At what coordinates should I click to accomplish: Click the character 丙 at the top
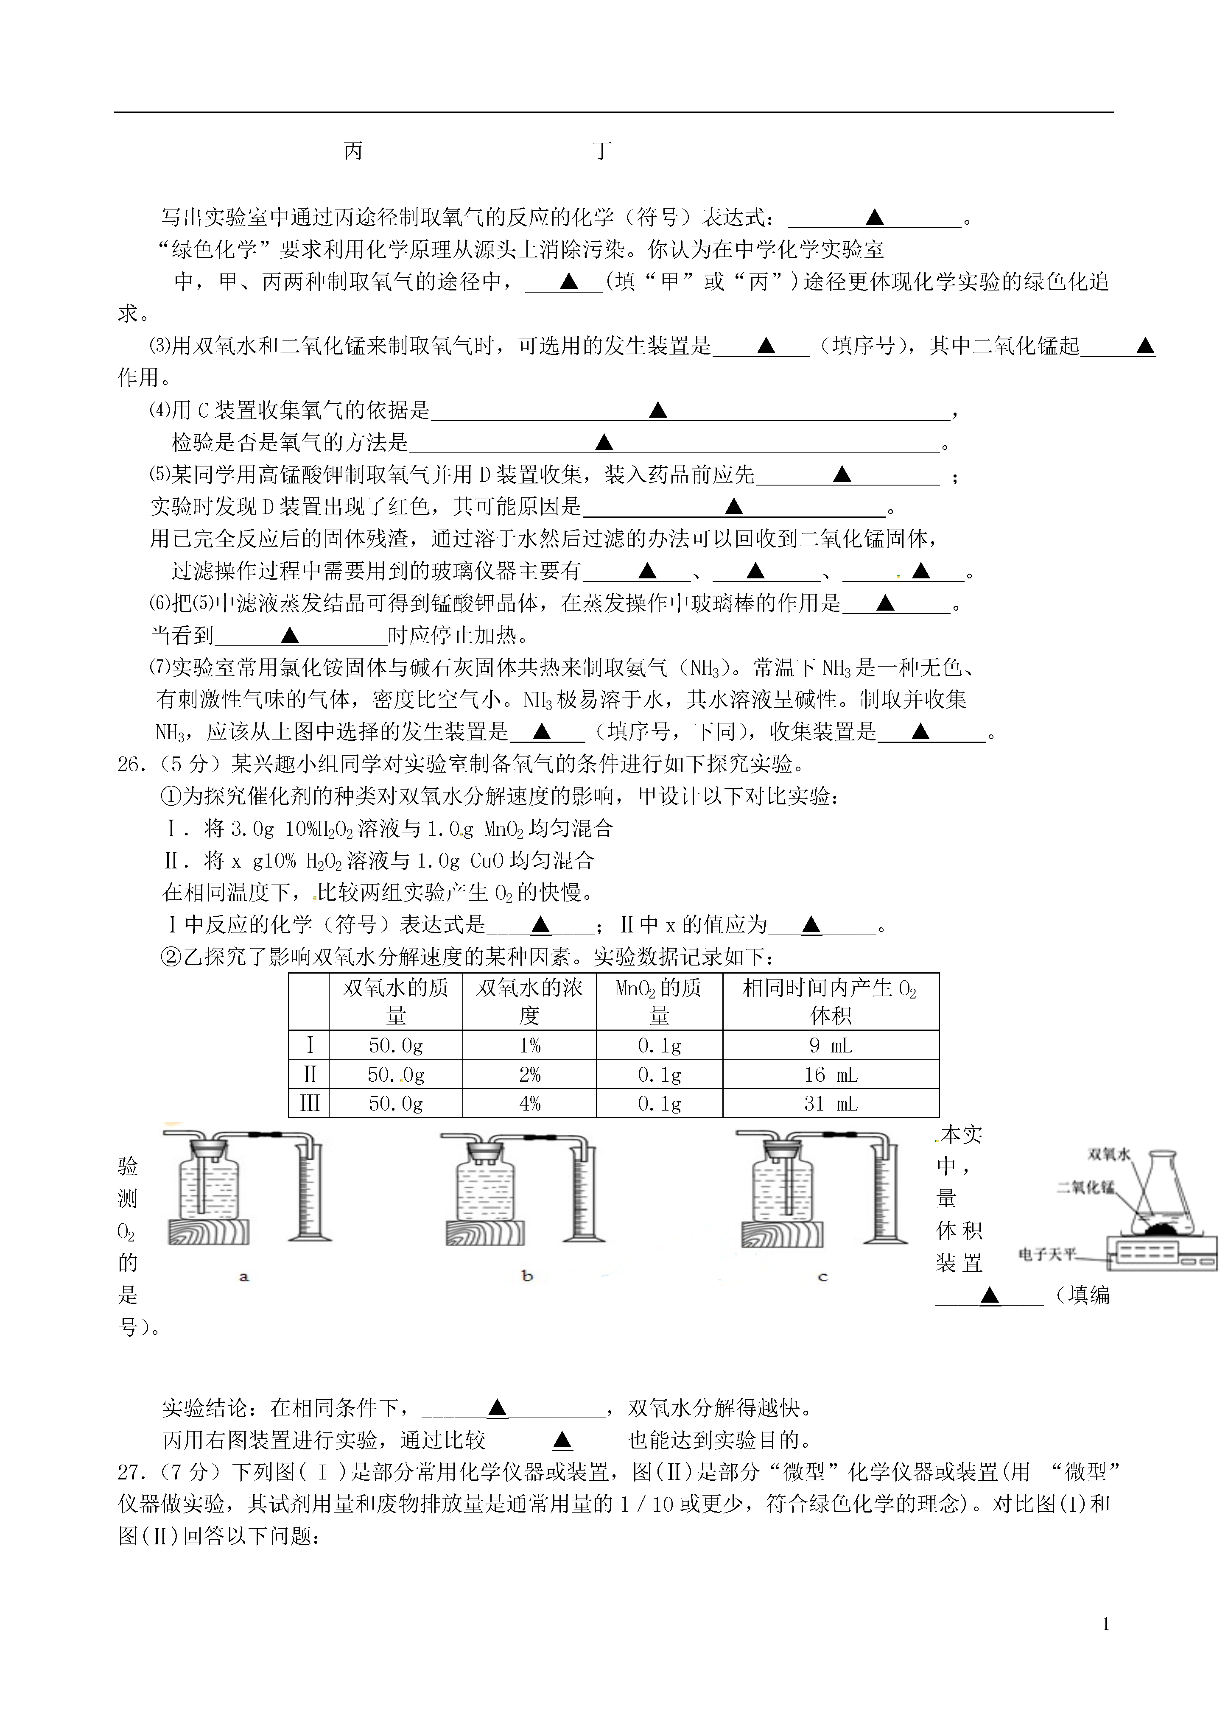coord(353,151)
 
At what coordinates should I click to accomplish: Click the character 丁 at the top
coord(602,151)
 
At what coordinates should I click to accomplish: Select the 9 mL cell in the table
coord(831,1046)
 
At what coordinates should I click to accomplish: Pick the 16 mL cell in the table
coord(831,1075)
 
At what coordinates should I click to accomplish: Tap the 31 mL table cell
coord(831,1104)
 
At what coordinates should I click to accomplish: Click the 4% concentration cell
coord(529,1104)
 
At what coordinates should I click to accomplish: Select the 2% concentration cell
coord(529,1075)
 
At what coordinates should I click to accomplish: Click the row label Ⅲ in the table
coord(309,1104)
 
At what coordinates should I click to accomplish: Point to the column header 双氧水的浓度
coord(529,1002)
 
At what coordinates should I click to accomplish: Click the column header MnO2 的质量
coord(659,1002)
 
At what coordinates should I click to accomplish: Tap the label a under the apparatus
coord(243,1277)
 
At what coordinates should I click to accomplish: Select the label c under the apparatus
coord(823,1277)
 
